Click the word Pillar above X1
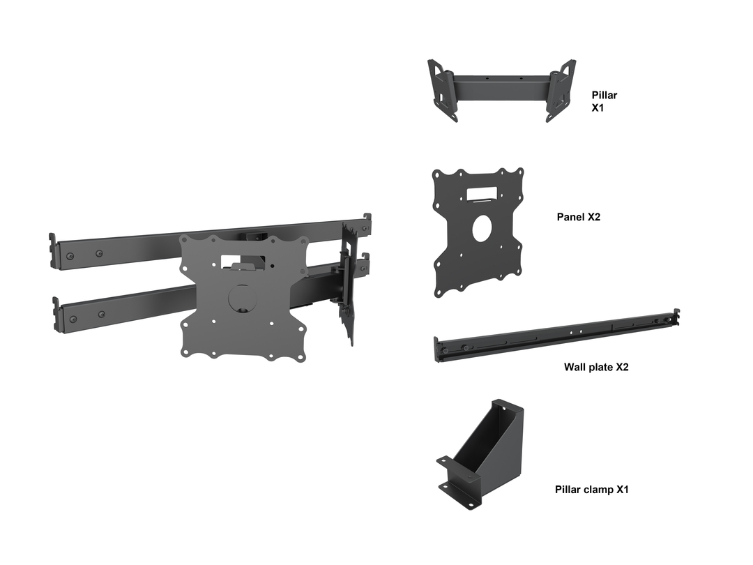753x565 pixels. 604,95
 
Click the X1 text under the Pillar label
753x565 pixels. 598,107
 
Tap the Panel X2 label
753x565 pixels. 578,217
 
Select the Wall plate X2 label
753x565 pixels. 596,367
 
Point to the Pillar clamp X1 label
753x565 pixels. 592,490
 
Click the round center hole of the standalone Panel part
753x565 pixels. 482,229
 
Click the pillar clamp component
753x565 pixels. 480,455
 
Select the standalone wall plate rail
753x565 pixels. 556,336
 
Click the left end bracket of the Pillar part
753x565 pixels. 442,90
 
